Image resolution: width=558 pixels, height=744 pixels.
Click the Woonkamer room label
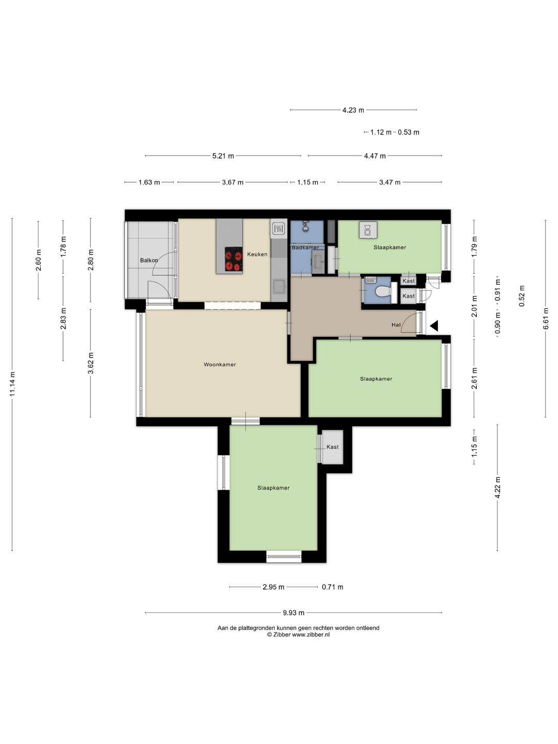[x=220, y=364]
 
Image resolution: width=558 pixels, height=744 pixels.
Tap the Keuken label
[x=257, y=254]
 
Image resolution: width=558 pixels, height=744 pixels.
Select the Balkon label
[x=149, y=260]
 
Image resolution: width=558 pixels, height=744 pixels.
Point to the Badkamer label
[x=305, y=247]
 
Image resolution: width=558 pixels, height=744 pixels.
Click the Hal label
[x=396, y=324]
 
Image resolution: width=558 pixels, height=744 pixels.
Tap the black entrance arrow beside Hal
[x=434, y=326]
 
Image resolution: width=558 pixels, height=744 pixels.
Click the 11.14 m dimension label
[x=12, y=384]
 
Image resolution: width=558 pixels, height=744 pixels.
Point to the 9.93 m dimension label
[x=293, y=612]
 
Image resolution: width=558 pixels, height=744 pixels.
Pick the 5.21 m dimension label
[x=223, y=156]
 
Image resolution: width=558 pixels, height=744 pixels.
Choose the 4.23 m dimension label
[x=353, y=110]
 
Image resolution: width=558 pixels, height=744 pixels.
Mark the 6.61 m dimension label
[x=546, y=318]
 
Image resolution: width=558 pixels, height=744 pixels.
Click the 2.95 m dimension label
[x=273, y=587]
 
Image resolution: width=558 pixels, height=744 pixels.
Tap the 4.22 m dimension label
[x=498, y=487]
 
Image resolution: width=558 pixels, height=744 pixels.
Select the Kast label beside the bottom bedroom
[x=332, y=447]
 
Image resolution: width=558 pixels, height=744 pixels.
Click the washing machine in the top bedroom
[x=367, y=230]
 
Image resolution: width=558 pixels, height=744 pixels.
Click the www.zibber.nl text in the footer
[x=311, y=634]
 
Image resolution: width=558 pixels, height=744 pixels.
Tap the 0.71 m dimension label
[x=332, y=587]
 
